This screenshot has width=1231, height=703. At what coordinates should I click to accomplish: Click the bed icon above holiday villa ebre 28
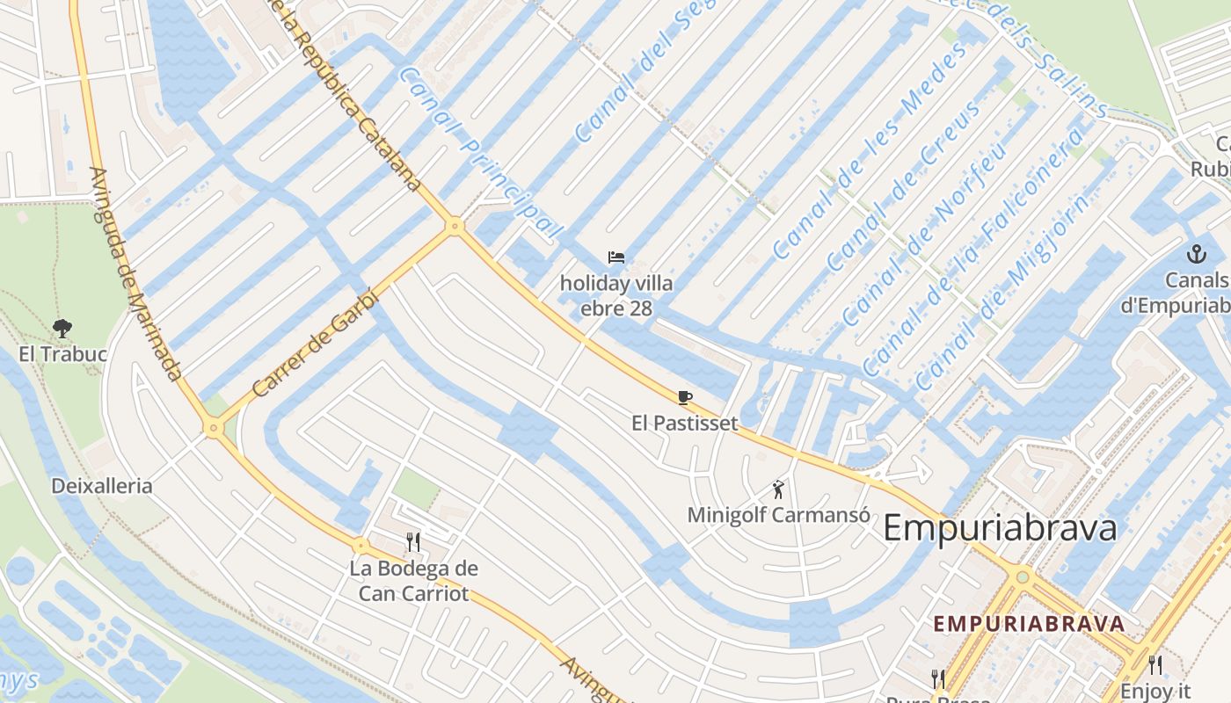(616, 257)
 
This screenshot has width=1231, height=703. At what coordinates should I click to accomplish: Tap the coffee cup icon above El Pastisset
(685, 397)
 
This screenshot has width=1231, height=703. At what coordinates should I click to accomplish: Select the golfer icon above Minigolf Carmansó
(777, 489)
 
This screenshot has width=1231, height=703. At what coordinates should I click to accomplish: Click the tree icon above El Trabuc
(62, 329)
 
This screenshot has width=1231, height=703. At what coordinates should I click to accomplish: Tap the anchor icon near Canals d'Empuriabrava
(1195, 255)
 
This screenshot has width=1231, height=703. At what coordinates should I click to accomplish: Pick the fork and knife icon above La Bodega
(413, 541)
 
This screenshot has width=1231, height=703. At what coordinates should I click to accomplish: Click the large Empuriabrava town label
(1000, 529)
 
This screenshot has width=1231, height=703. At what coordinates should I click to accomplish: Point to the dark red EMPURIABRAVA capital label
(1029, 624)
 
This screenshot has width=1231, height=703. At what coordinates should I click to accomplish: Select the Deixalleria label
(101, 486)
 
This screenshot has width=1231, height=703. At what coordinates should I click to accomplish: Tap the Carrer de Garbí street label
(315, 343)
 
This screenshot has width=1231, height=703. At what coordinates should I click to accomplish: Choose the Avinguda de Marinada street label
(136, 274)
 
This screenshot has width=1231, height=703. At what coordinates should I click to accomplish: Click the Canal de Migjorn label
(1002, 292)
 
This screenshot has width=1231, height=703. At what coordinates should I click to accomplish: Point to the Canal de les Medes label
(857, 151)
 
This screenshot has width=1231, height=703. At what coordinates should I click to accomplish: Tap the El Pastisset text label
(685, 423)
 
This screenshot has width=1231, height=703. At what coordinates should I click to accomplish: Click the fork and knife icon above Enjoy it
(1155, 665)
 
